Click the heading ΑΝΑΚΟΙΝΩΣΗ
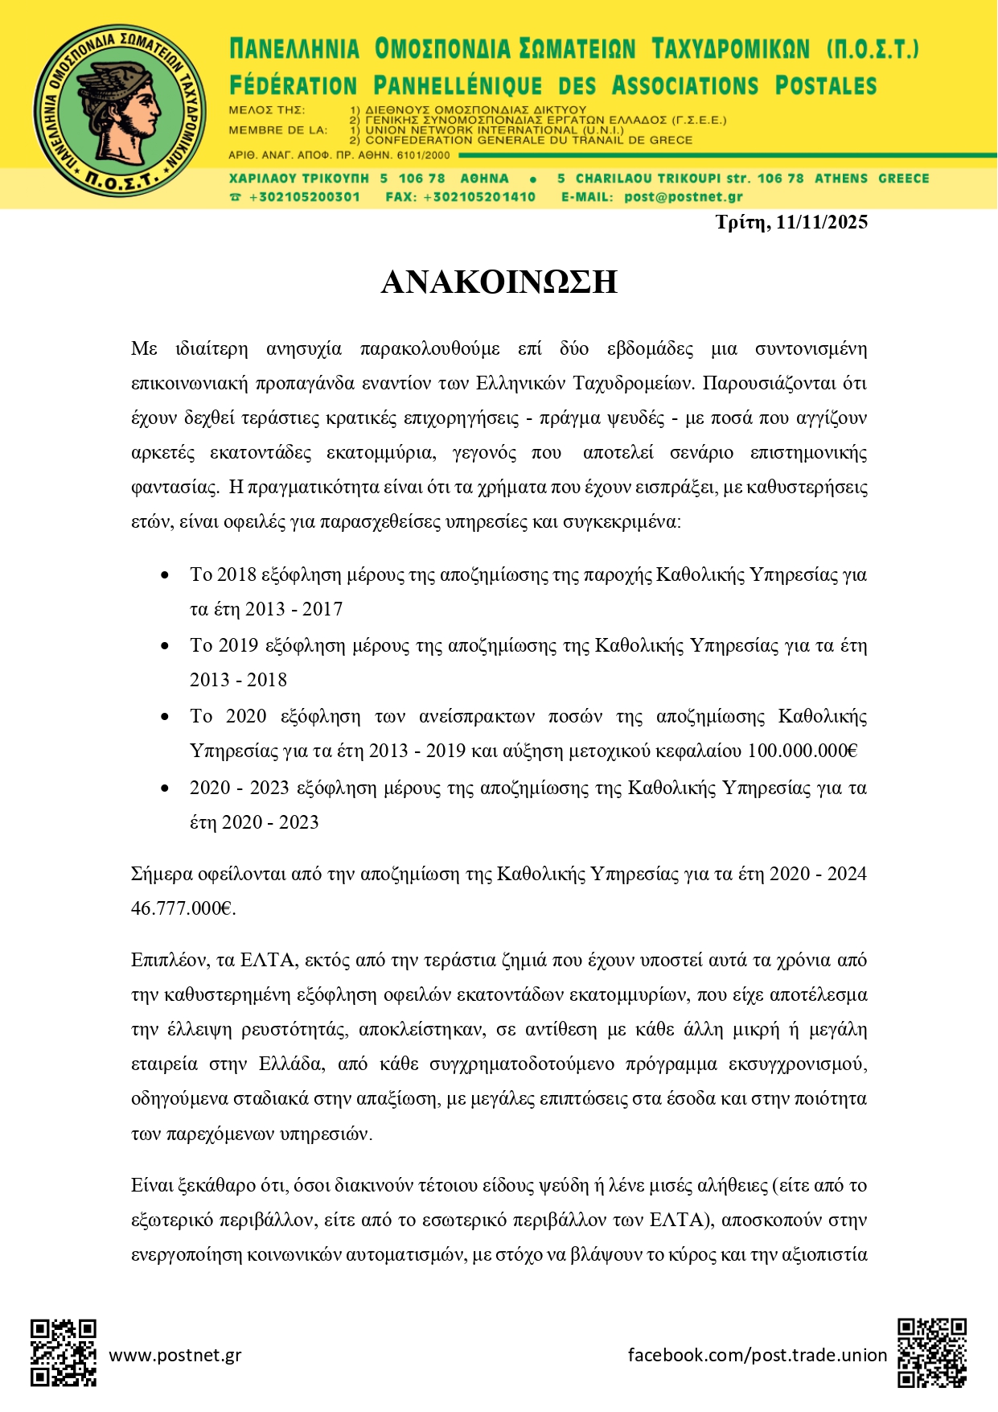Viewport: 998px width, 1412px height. [499, 282]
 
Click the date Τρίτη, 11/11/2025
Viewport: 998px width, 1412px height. [791, 223]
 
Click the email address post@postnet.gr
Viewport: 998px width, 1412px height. [683, 197]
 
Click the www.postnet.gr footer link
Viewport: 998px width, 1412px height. [175, 1355]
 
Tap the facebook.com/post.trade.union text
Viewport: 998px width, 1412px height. [757, 1355]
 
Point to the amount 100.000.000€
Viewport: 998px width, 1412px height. [803, 751]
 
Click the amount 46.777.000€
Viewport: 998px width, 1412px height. [183, 908]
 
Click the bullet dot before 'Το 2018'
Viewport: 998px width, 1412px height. [165, 575]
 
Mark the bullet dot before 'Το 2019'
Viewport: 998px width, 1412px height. [165, 646]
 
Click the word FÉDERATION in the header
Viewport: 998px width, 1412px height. [293, 86]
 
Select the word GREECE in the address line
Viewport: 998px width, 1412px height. [903, 179]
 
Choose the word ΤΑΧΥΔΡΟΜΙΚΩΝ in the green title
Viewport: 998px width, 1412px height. [730, 50]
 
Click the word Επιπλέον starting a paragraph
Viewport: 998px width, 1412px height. [170, 960]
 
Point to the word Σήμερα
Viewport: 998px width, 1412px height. [158, 874]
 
